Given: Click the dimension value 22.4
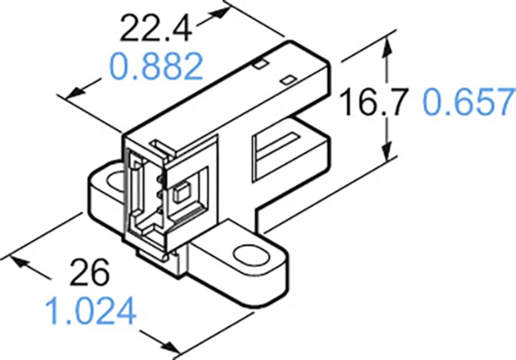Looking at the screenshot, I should coord(155,29).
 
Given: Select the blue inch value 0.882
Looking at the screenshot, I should coord(156,67).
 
